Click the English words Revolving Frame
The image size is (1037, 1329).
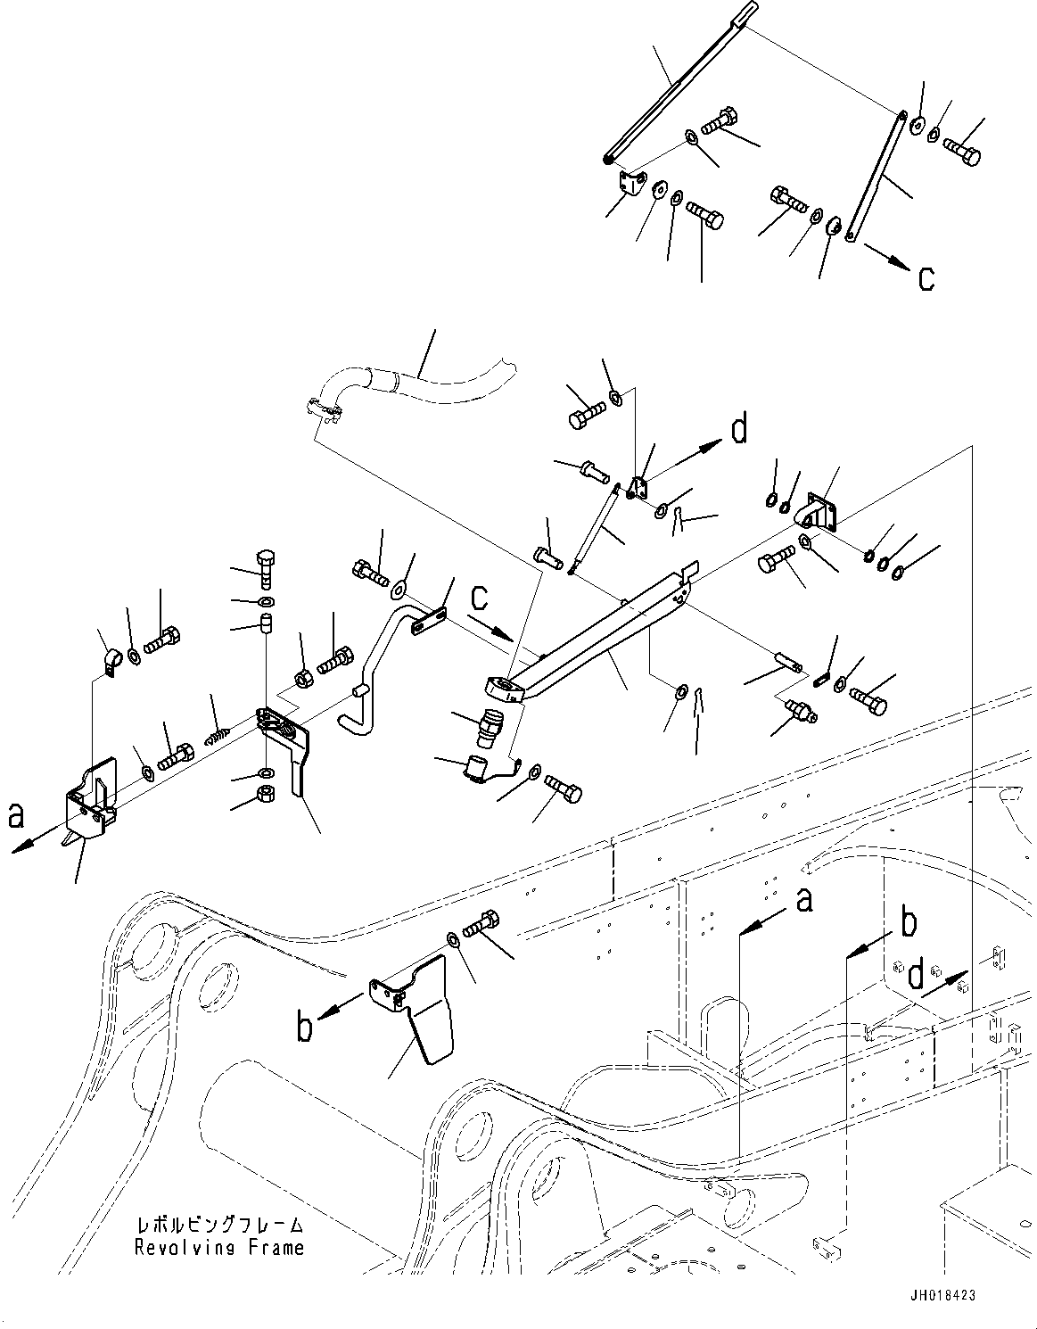coord(218,1248)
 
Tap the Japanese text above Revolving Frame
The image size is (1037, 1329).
coord(218,1226)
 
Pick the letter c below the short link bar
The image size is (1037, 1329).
coord(926,278)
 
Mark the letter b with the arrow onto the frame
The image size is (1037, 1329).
coord(907,923)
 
